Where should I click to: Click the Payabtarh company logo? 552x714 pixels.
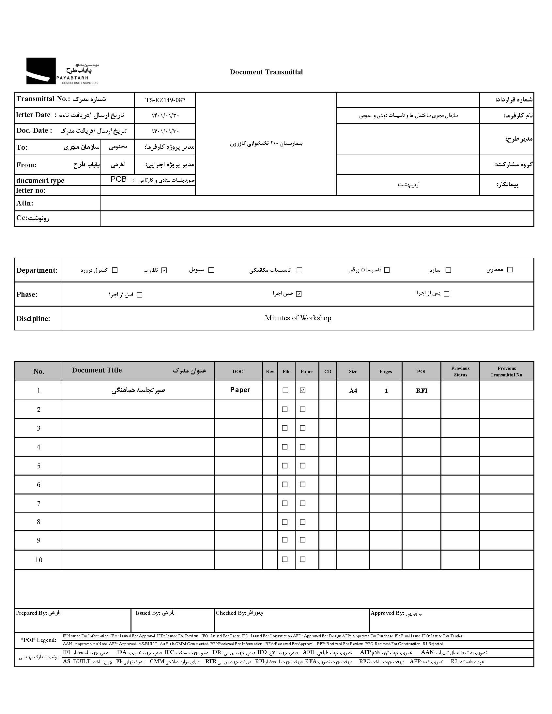tap(62, 71)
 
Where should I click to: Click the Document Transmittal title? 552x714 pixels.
tap(266, 72)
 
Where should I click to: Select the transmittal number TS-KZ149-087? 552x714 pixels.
tap(165, 100)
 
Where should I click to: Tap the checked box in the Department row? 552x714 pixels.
tap(164, 270)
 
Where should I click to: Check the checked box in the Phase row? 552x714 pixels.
tap(299, 294)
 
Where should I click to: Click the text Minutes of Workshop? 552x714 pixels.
tap(298, 318)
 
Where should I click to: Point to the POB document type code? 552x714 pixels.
tap(118, 179)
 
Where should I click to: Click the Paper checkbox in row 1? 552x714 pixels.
tap(302, 390)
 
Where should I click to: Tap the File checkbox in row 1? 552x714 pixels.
tap(285, 390)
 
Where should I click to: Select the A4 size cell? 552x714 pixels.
tap(353, 391)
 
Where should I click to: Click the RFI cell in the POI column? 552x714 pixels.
tap(422, 391)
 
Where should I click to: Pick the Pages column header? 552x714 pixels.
tap(386, 372)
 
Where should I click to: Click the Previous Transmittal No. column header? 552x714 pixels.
tap(507, 372)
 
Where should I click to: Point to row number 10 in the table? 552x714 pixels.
tap(38, 560)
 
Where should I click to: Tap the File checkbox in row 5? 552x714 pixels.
tap(285, 465)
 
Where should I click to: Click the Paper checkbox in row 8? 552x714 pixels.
tap(302, 522)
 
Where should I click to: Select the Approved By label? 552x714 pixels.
tap(387, 613)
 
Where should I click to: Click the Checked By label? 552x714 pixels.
tap(231, 613)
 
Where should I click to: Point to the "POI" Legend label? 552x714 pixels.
tap(38, 640)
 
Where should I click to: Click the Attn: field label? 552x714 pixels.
tap(25, 203)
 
